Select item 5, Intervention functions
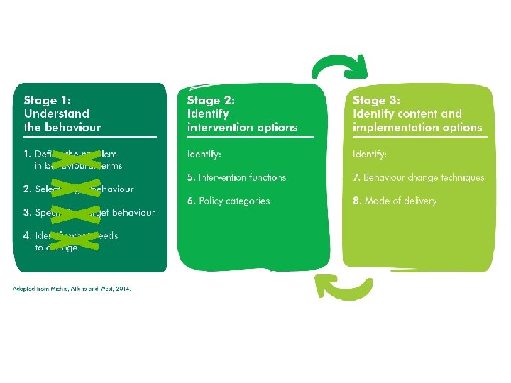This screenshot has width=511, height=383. (x=237, y=177)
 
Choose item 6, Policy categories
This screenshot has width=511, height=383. (x=229, y=201)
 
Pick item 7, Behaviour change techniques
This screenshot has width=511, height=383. (x=419, y=177)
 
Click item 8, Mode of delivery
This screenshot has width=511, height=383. (x=395, y=201)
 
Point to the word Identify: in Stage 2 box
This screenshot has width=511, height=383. (x=204, y=154)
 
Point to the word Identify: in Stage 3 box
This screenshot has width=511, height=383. (x=370, y=154)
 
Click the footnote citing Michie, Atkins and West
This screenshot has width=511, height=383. (x=72, y=288)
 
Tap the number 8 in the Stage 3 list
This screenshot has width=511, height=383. (x=356, y=201)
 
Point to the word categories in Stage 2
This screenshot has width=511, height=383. (x=248, y=201)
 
